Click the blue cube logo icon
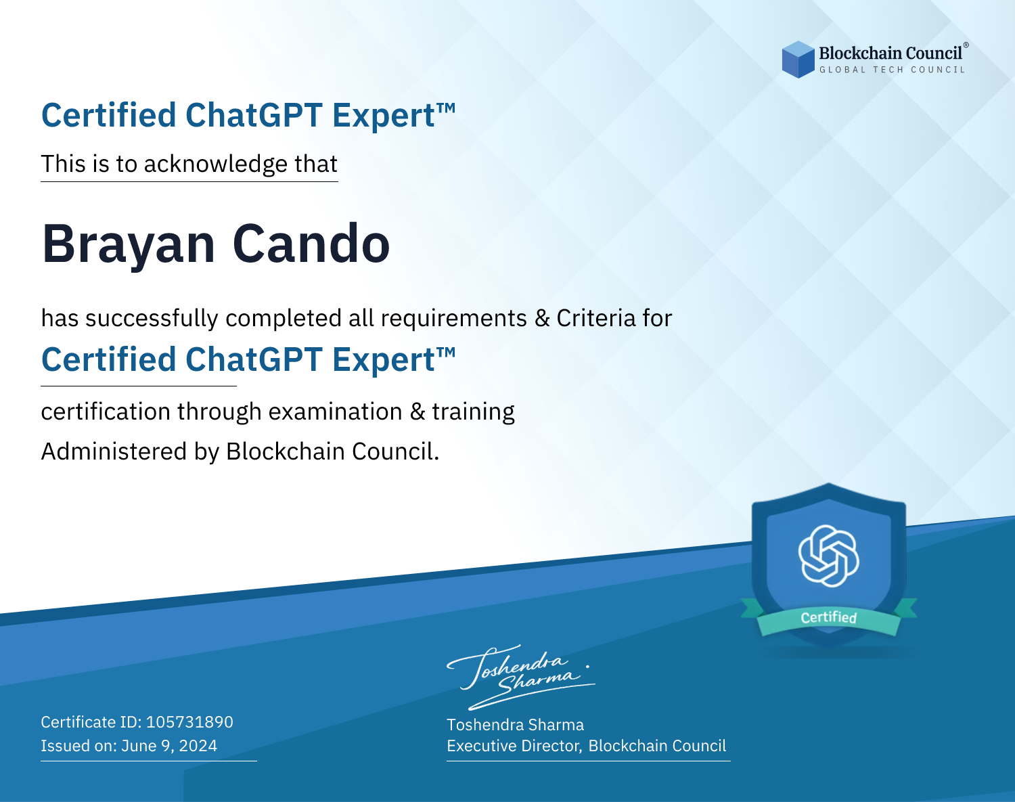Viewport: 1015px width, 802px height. click(798, 60)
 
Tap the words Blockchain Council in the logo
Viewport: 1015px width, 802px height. click(890, 53)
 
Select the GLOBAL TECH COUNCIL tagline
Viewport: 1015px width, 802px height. click(892, 70)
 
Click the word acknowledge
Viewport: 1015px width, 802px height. click(216, 164)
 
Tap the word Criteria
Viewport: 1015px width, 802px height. click(595, 318)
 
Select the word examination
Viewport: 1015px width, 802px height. click(335, 411)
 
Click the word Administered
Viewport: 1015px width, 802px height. click(114, 451)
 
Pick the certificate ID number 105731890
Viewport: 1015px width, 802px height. click(189, 722)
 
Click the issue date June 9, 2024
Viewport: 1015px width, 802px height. click(169, 746)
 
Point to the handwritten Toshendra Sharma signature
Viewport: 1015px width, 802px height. click(521, 677)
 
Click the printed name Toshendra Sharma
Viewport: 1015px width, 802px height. click(515, 725)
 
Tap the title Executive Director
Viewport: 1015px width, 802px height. click(514, 746)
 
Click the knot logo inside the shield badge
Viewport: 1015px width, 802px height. click(829, 556)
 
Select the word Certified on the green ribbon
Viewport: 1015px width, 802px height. click(829, 617)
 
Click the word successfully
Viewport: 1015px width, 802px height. click(152, 319)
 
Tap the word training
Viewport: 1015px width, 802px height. click(473, 412)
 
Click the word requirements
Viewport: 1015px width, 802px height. click(454, 319)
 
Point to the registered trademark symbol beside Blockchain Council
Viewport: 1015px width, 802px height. click(966, 45)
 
